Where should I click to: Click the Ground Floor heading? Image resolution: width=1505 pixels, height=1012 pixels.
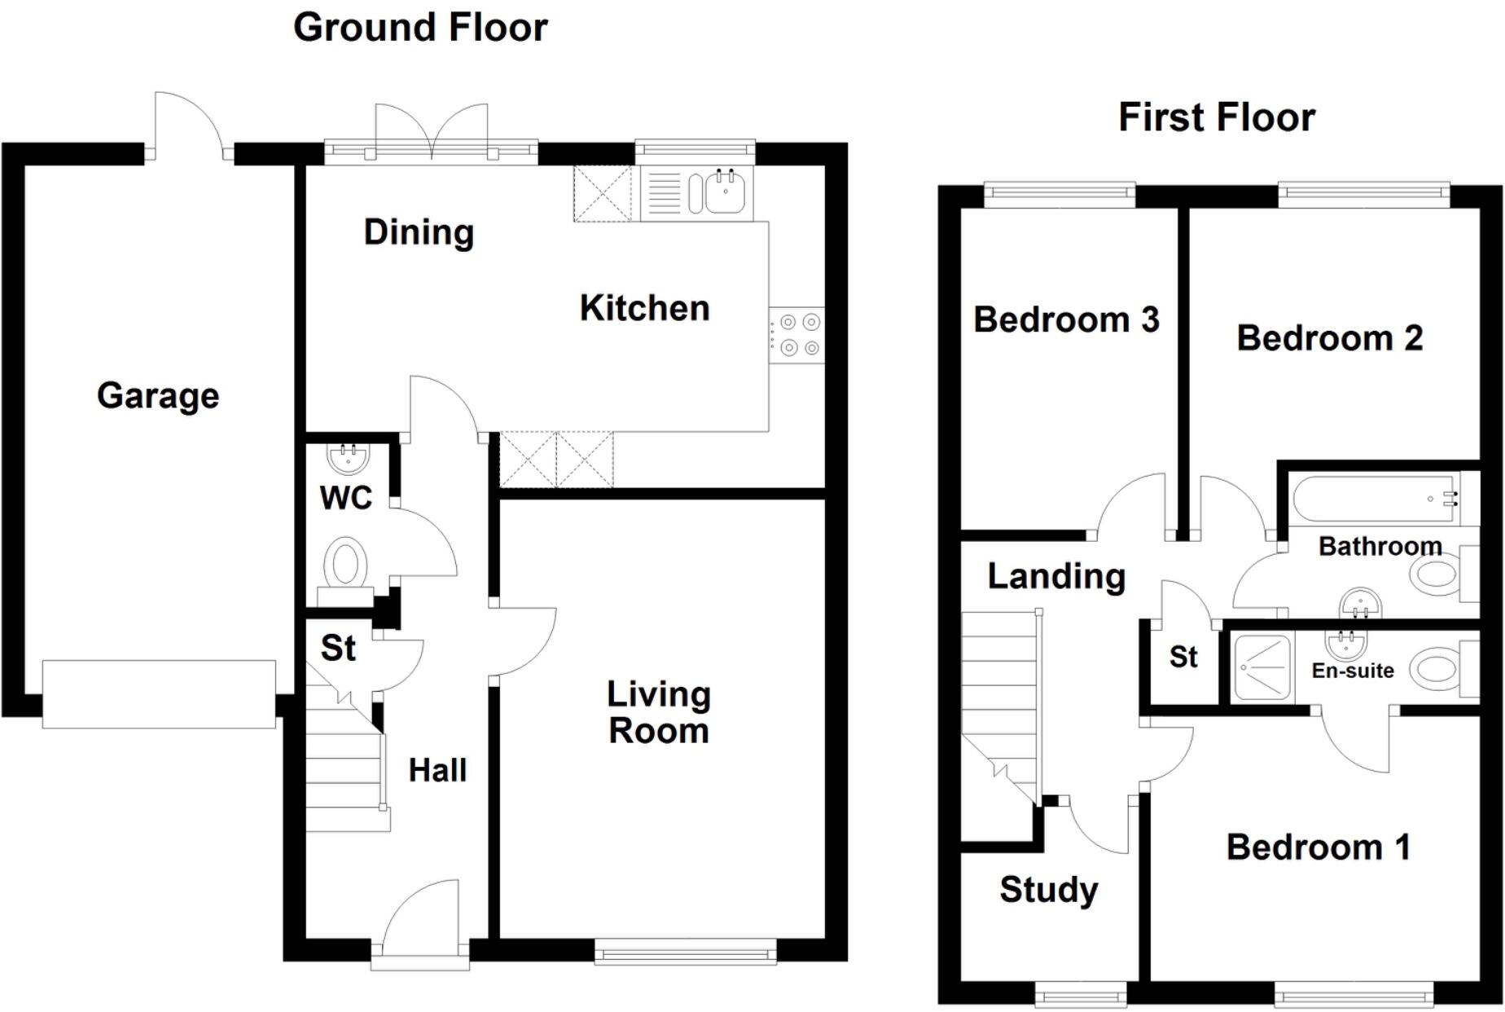click(420, 28)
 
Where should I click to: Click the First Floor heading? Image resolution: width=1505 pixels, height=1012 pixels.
click(1216, 117)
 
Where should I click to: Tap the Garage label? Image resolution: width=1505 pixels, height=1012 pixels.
click(158, 396)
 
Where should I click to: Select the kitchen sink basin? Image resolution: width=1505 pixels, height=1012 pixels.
click(724, 193)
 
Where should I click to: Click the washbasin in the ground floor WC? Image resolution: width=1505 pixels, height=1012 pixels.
click(349, 458)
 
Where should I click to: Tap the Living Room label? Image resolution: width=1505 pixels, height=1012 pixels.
click(659, 712)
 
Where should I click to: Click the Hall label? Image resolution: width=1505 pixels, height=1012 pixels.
click(437, 771)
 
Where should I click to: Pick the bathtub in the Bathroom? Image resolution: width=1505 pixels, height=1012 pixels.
click(1375, 499)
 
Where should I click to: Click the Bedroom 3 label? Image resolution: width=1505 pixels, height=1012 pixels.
click(1066, 319)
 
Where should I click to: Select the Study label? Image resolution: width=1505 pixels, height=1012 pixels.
click(1048, 890)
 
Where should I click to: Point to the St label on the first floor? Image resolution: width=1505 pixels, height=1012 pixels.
click(1183, 657)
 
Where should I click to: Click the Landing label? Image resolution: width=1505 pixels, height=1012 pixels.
click(1056, 577)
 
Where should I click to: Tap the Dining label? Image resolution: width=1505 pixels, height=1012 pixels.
click(419, 233)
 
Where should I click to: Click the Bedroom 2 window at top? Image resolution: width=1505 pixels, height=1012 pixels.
click(1363, 193)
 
